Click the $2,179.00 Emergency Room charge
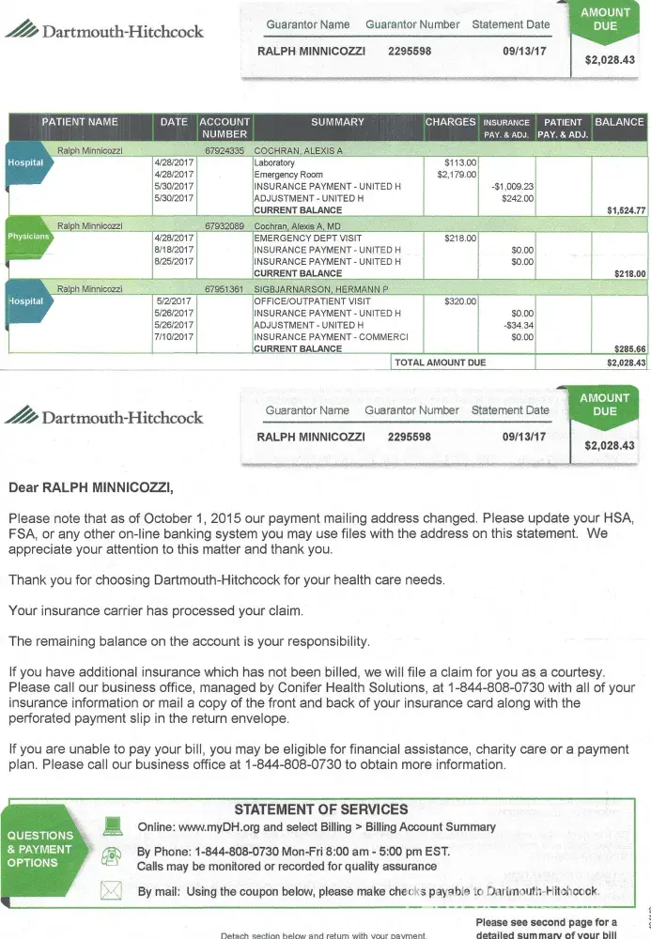click(457, 175)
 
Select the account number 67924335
click(225, 150)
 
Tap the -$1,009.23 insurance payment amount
click(513, 187)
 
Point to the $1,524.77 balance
click(627, 211)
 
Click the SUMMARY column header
click(337, 122)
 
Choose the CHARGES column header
click(451, 122)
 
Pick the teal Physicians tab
click(26, 237)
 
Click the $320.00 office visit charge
click(460, 301)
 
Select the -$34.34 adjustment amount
click(518, 326)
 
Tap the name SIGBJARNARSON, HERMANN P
click(321, 289)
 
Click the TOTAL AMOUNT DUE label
click(441, 362)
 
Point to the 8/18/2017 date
click(174, 250)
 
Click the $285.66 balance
click(628, 349)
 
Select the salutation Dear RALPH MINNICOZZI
click(91, 487)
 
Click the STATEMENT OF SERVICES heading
click(320, 809)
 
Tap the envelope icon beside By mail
click(112, 890)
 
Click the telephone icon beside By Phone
click(112, 855)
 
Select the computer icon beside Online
click(113, 826)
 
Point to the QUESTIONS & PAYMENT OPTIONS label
click(39, 849)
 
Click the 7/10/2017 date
click(174, 337)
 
